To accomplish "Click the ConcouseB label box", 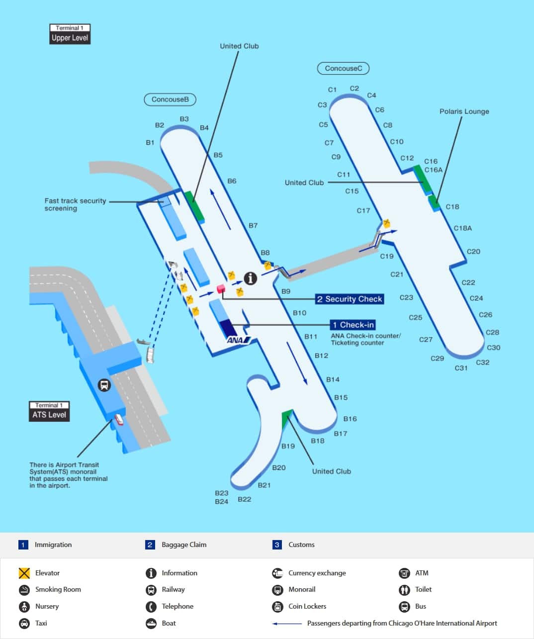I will coord(170,99).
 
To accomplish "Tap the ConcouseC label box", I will coord(343,68).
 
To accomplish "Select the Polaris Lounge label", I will coord(464,111).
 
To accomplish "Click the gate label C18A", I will coord(462,228).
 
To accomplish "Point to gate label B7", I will coord(253,225).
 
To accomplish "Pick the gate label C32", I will coord(482,362).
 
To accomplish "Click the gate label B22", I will coord(244,499).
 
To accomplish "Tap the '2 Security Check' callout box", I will coord(350,299).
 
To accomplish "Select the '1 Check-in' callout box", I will coord(353,325).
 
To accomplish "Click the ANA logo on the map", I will coord(238,340).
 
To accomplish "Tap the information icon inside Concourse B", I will coord(251,278).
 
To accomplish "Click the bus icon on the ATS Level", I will coord(104,385).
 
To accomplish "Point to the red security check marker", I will coord(221,288).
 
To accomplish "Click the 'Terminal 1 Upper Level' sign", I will coord(70,34).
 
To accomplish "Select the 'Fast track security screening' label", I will coord(75,204).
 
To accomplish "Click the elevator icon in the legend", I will coord(24,573).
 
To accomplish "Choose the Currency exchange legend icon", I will coord(277,573).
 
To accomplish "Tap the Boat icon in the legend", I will coord(151,623).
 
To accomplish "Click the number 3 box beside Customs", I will coord(277,545).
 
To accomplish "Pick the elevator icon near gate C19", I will coord(386,224).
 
